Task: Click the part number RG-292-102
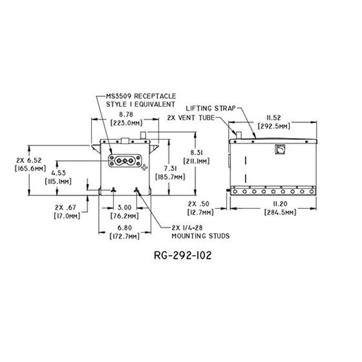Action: click(181, 255)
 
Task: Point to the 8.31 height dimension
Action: click(200, 153)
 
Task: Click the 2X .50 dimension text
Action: click(202, 205)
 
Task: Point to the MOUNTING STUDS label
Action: click(195, 237)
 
